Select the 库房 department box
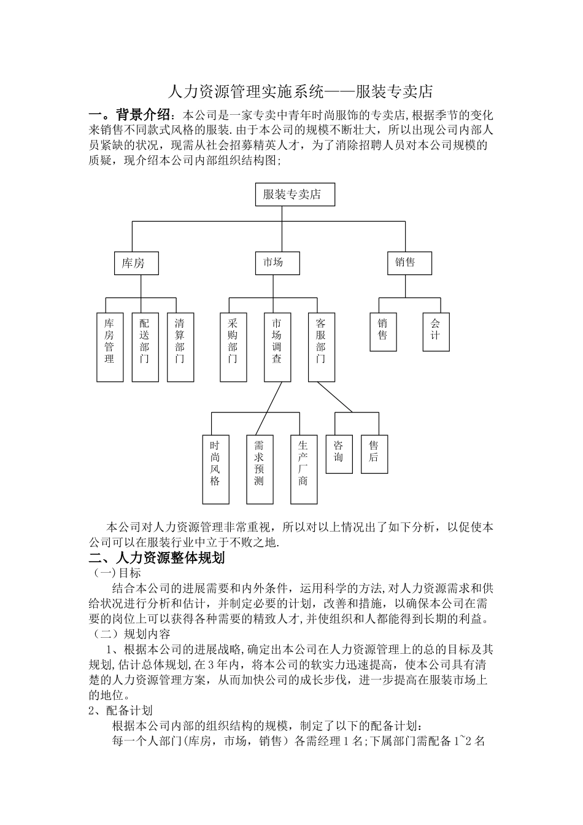(x=133, y=263)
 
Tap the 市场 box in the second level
(x=273, y=262)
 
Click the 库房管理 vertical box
(x=109, y=347)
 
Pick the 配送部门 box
(x=144, y=347)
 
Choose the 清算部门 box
(x=180, y=347)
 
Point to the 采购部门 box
(x=233, y=347)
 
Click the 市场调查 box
(x=277, y=347)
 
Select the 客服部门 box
(x=321, y=347)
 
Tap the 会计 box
(x=435, y=332)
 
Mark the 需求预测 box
(x=259, y=469)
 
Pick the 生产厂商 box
(x=303, y=469)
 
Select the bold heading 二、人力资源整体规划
(x=158, y=558)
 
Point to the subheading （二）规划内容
(x=130, y=633)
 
